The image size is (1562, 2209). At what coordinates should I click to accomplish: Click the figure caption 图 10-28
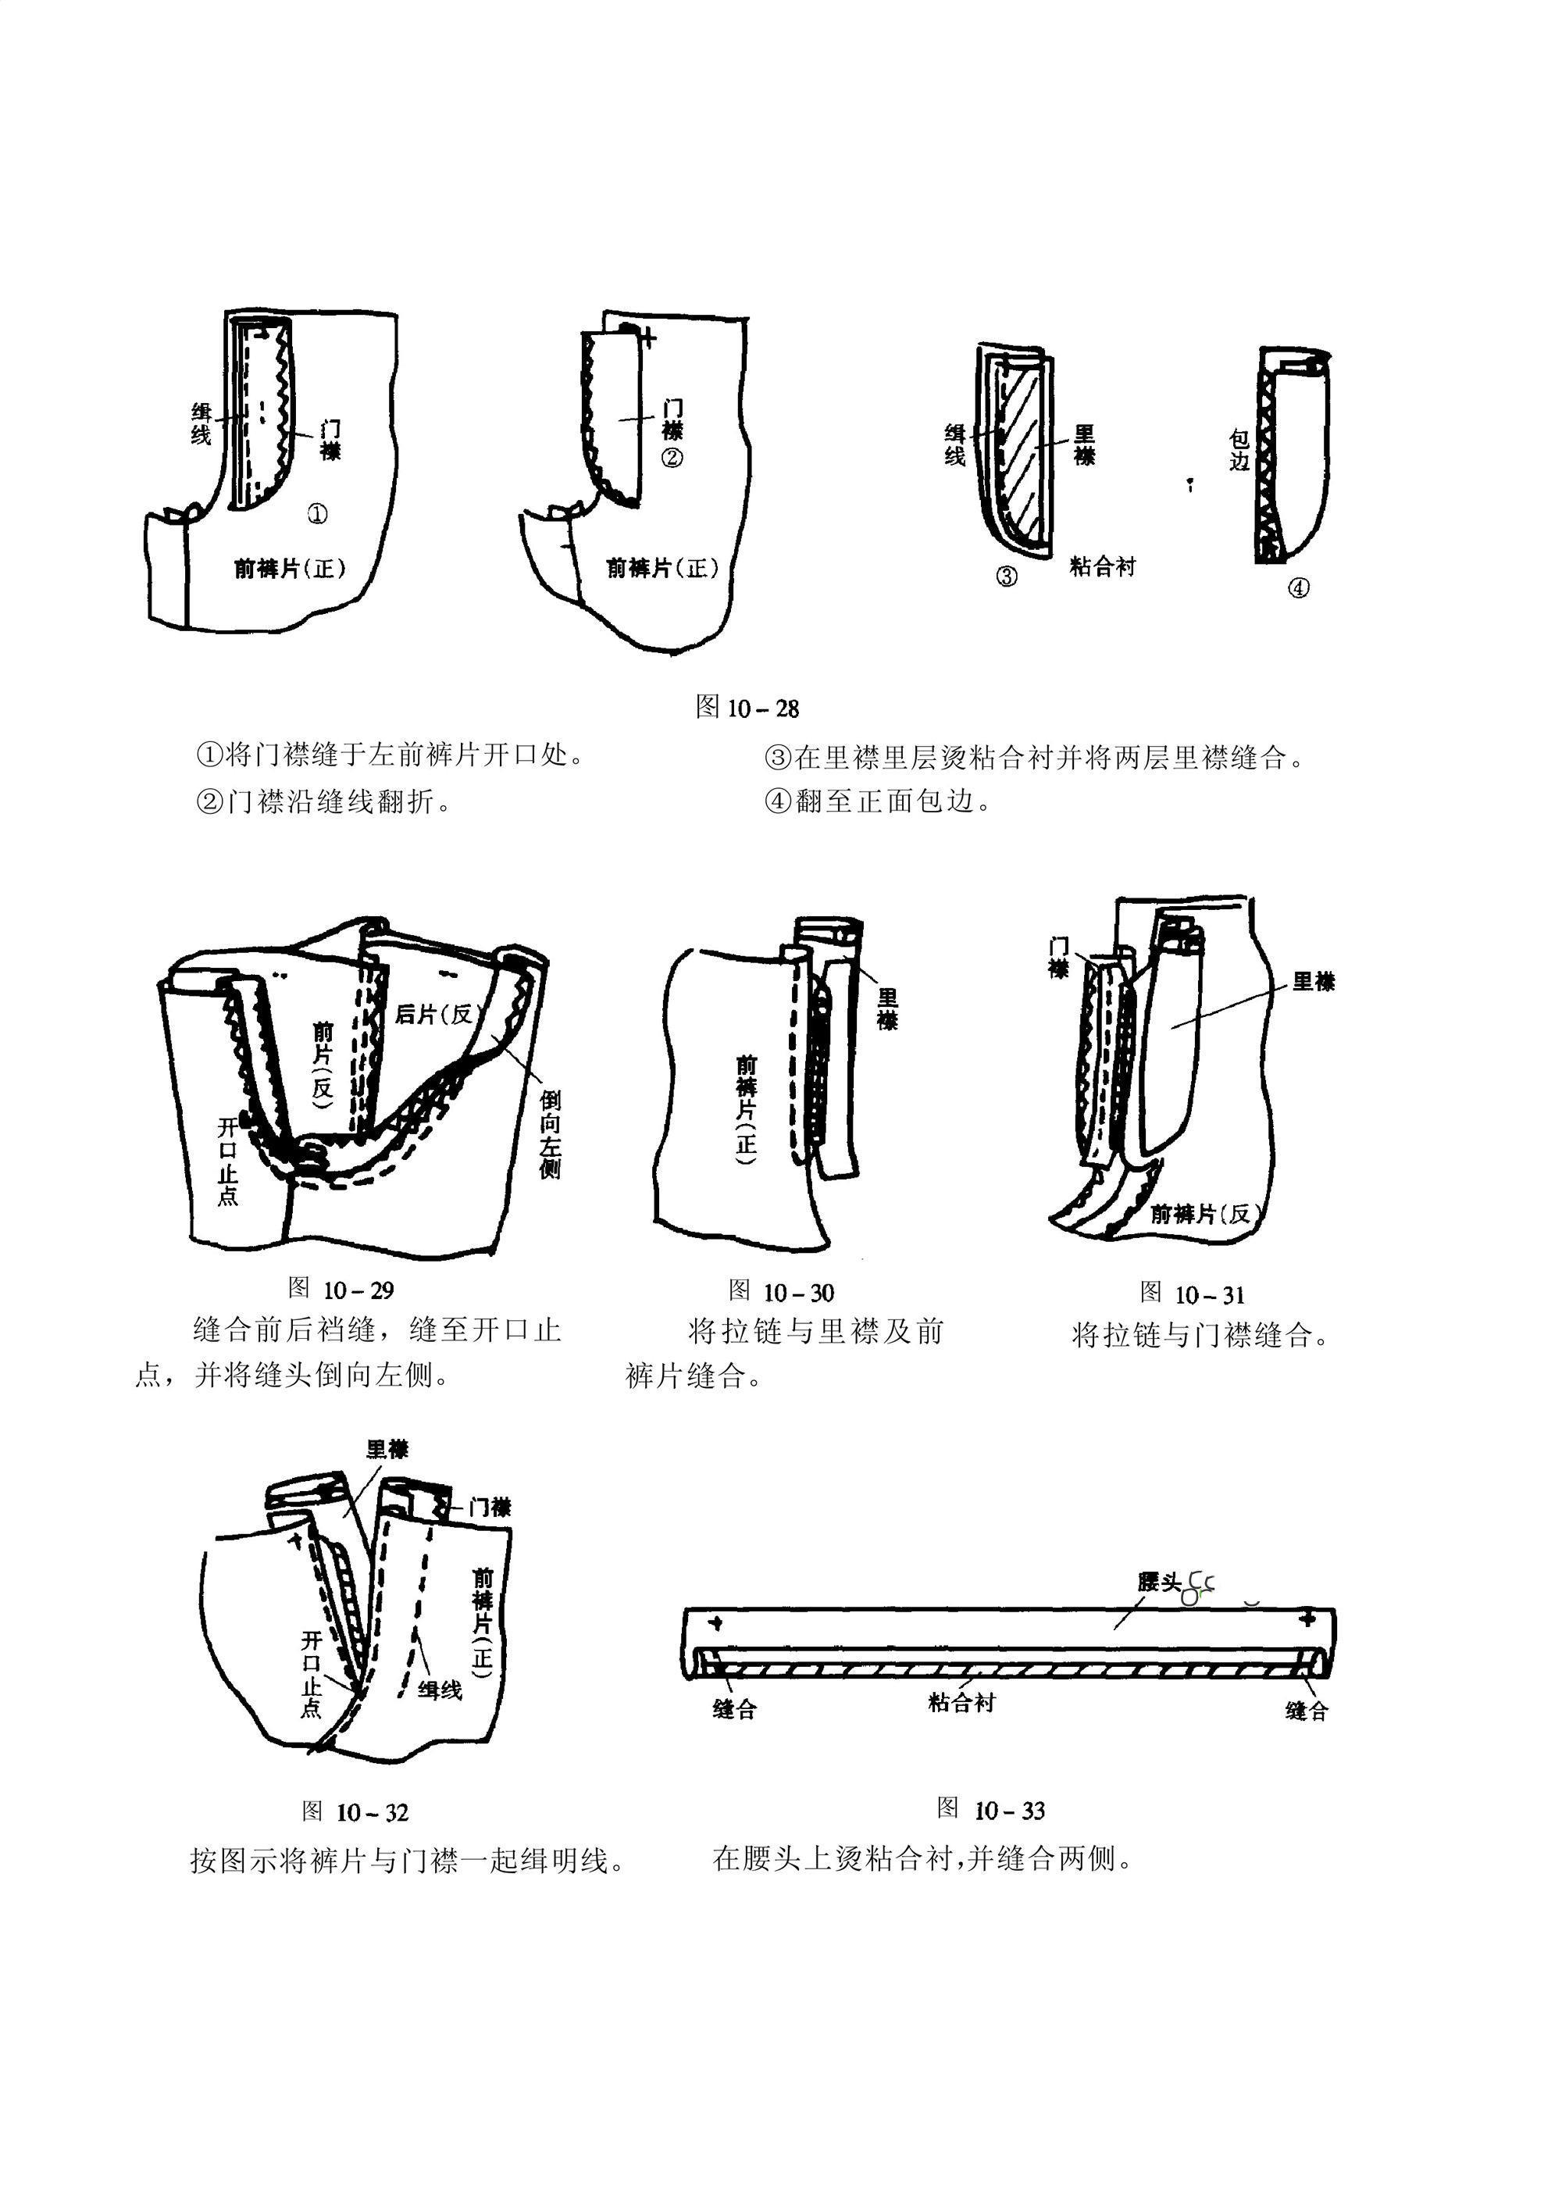pos(747,708)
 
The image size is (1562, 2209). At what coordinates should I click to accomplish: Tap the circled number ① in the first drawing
pos(316,514)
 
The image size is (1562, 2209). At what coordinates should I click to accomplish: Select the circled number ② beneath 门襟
pos(672,458)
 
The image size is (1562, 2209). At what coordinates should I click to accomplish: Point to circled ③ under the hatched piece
pos(1006,576)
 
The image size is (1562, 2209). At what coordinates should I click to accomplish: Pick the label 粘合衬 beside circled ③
pos(1102,566)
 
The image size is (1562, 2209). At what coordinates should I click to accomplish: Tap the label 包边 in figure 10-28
pos(1239,450)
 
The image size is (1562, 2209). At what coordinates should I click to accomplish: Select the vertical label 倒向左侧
pos(550,1134)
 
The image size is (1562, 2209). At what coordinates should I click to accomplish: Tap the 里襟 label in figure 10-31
pos(1313,981)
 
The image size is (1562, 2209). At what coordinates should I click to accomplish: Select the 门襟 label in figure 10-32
pos(490,1508)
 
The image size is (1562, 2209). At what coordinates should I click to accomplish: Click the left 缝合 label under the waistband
pos(735,1709)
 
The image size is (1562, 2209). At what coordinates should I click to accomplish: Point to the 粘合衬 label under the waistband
pos(961,1703)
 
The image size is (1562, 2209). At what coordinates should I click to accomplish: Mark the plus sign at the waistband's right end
pos(1306,1619)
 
